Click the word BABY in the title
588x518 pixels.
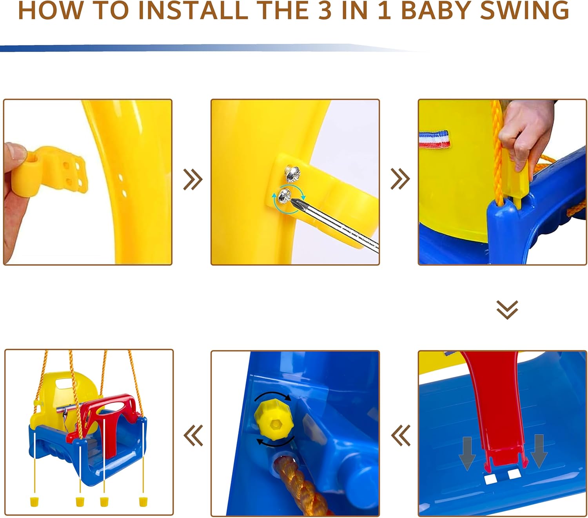[436, 11]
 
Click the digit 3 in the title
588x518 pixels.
[325, 11]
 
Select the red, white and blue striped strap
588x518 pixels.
[434, 139]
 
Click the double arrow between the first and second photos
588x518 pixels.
[193, 179]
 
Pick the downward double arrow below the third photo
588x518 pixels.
[507, 310]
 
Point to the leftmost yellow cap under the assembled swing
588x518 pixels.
[34, 502]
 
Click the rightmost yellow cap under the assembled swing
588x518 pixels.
[143, 502]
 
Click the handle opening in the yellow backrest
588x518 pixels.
[65, 384]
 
